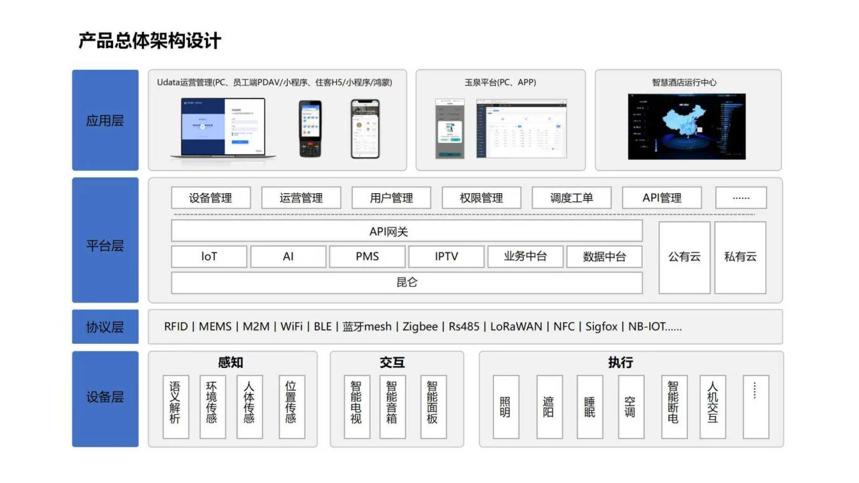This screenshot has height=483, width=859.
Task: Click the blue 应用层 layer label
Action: pyautogui.click(x=105, y=120)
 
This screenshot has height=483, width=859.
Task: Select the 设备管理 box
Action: pyautogui.click(x=210, y=198)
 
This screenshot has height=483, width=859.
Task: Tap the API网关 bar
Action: pyautogui.click(x=407, y=231)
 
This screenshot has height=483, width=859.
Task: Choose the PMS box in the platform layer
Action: pyautogui.click(x=367, y=256)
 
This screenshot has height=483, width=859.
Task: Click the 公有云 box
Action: pyautogui.click(x=684, y=257)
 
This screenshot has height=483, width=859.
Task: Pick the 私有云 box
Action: pyautogui.click(x=740, y=257)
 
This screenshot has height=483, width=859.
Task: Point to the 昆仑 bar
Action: pyautogui.click(x=407, y=282)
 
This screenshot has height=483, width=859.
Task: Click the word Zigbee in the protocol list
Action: pyautogui.click(x=420, y=327)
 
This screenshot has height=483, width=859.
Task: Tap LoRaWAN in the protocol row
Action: pyautogui.click(x=516, y=327)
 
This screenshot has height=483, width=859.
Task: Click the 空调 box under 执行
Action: pyautogui.click(x=630, y=407)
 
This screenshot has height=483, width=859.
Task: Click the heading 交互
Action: pyautogui.click(x=392, y=362)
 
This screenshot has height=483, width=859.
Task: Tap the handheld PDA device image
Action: pyautogui.click(x=311, y=128)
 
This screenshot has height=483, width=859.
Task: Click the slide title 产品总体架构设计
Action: pyautogui.click(x=150, y=41)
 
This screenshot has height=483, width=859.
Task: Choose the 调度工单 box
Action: pyautogui.click(x=572, y=198)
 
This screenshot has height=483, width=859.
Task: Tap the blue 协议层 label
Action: pyautogui.click(x=105, y=327)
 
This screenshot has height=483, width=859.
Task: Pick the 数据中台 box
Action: pyautogui.click(x=604, y=256)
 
